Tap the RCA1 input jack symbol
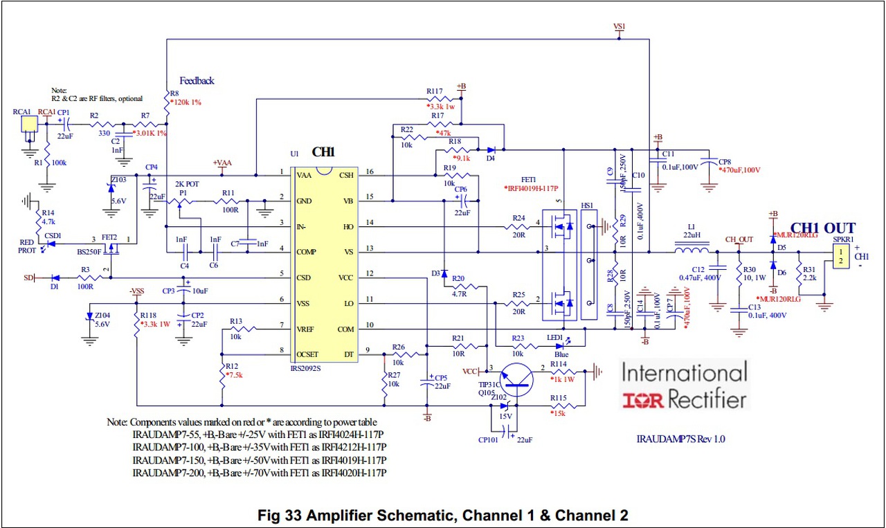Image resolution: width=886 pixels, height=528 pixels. coord(28,125)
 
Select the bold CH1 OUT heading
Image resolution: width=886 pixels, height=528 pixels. coord(822,228)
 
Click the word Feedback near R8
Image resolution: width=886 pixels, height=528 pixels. coord(197,81)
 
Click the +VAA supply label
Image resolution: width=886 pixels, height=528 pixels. coord(223,163)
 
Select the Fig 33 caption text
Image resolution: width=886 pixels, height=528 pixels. coord(443,515)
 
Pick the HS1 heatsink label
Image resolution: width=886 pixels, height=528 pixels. coord(587,206)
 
